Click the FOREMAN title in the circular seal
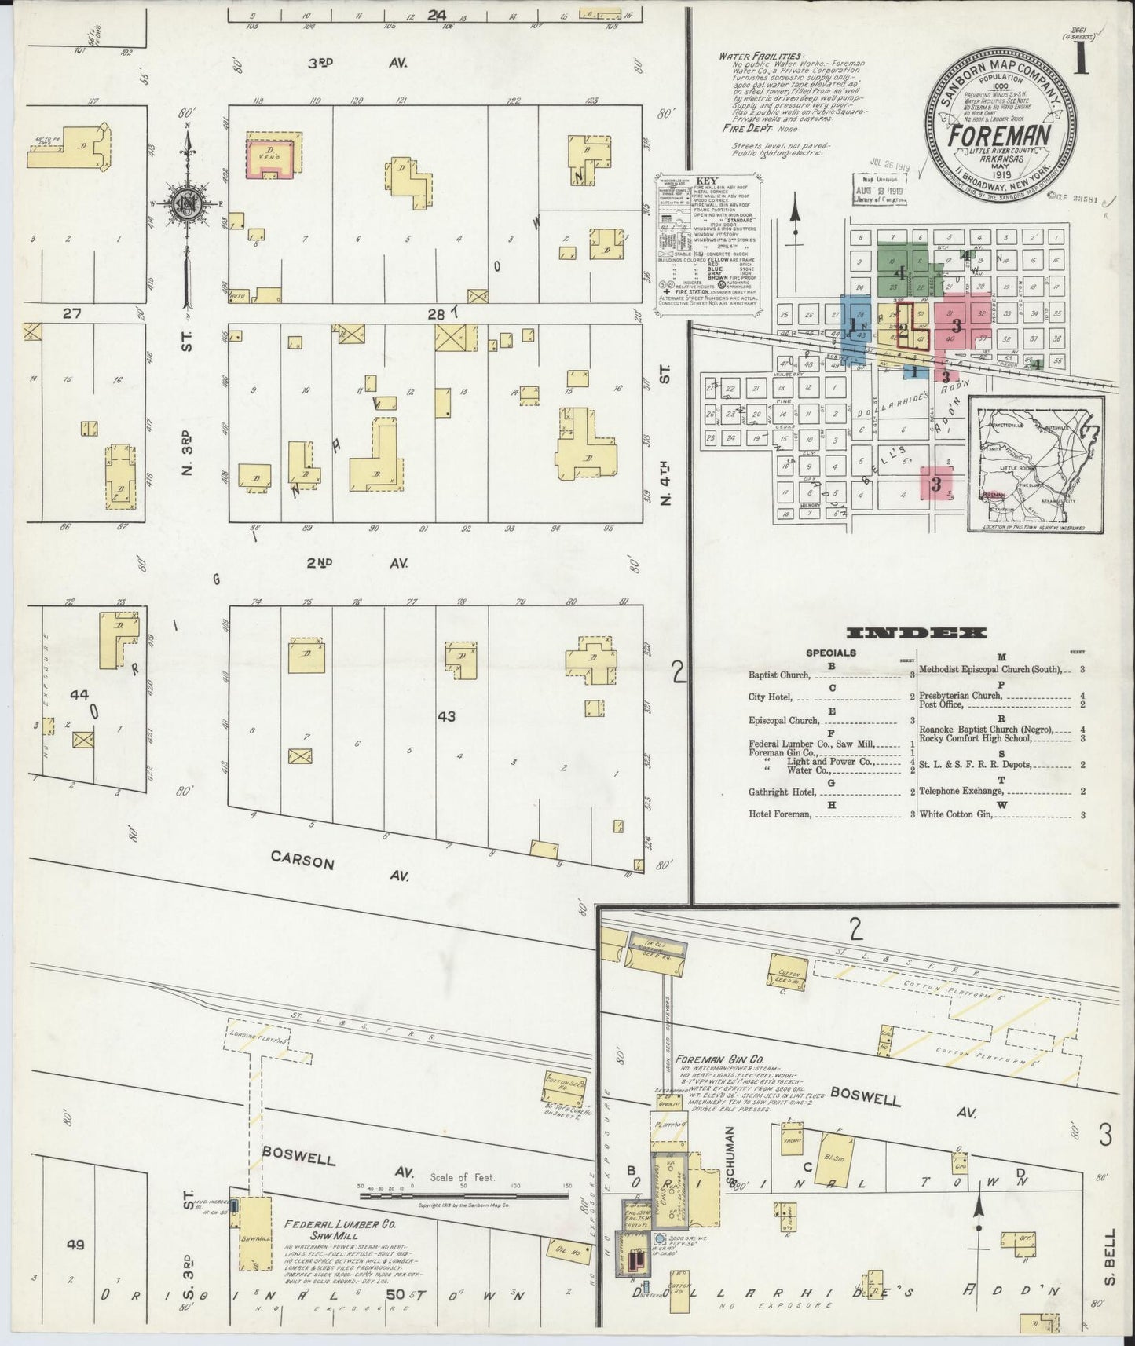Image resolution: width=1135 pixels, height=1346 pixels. pyautogui.click(x=998, y=136)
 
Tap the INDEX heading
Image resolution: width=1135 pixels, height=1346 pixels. pyautogui.click(x=917, y=632)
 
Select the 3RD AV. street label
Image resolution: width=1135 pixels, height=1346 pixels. pyautogui.click(x=357, y=64)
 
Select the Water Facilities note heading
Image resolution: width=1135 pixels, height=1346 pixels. pyautogui.click(x=761, y=57)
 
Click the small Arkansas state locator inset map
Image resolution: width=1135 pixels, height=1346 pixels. pyautogui.click(x=1036, y=464)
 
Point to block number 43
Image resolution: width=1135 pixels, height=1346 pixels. pyautogui.click(x=446, y=716)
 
